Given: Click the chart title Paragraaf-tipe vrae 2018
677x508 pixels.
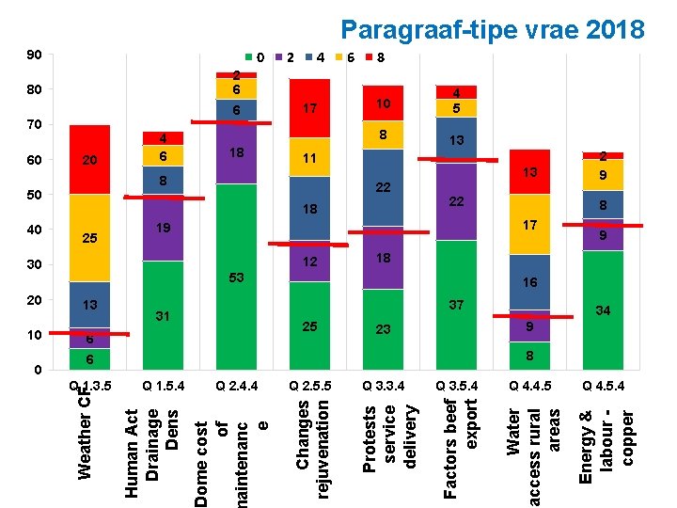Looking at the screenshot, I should pos(492,29).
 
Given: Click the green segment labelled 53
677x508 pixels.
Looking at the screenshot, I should pos(236,278).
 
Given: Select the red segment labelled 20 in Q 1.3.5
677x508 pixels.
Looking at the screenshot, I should pos(89,160).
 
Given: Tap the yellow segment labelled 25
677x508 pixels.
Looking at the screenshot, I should pos(89,238).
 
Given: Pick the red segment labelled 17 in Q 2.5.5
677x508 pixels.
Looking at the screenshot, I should pos(309,108).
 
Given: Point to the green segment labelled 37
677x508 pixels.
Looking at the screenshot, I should pos(456,305).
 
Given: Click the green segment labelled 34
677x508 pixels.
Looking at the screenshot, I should pos(603,310).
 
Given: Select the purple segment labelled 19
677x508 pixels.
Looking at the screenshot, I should pos(163,228).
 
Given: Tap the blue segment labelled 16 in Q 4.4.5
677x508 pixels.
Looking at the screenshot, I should pos(529,282).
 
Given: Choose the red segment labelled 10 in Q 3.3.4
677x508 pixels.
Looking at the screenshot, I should pos(383,103).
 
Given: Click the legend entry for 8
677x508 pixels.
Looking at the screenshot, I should pos(375,57).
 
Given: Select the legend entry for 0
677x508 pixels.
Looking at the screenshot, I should pos(255,57).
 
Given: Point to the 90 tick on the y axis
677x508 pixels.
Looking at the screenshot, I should pos(35,56).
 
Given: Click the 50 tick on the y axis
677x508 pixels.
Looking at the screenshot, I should pos(35,195).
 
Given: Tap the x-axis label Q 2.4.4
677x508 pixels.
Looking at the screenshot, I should pos(236,385).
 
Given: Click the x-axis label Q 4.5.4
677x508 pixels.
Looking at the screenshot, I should pos(603,385).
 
